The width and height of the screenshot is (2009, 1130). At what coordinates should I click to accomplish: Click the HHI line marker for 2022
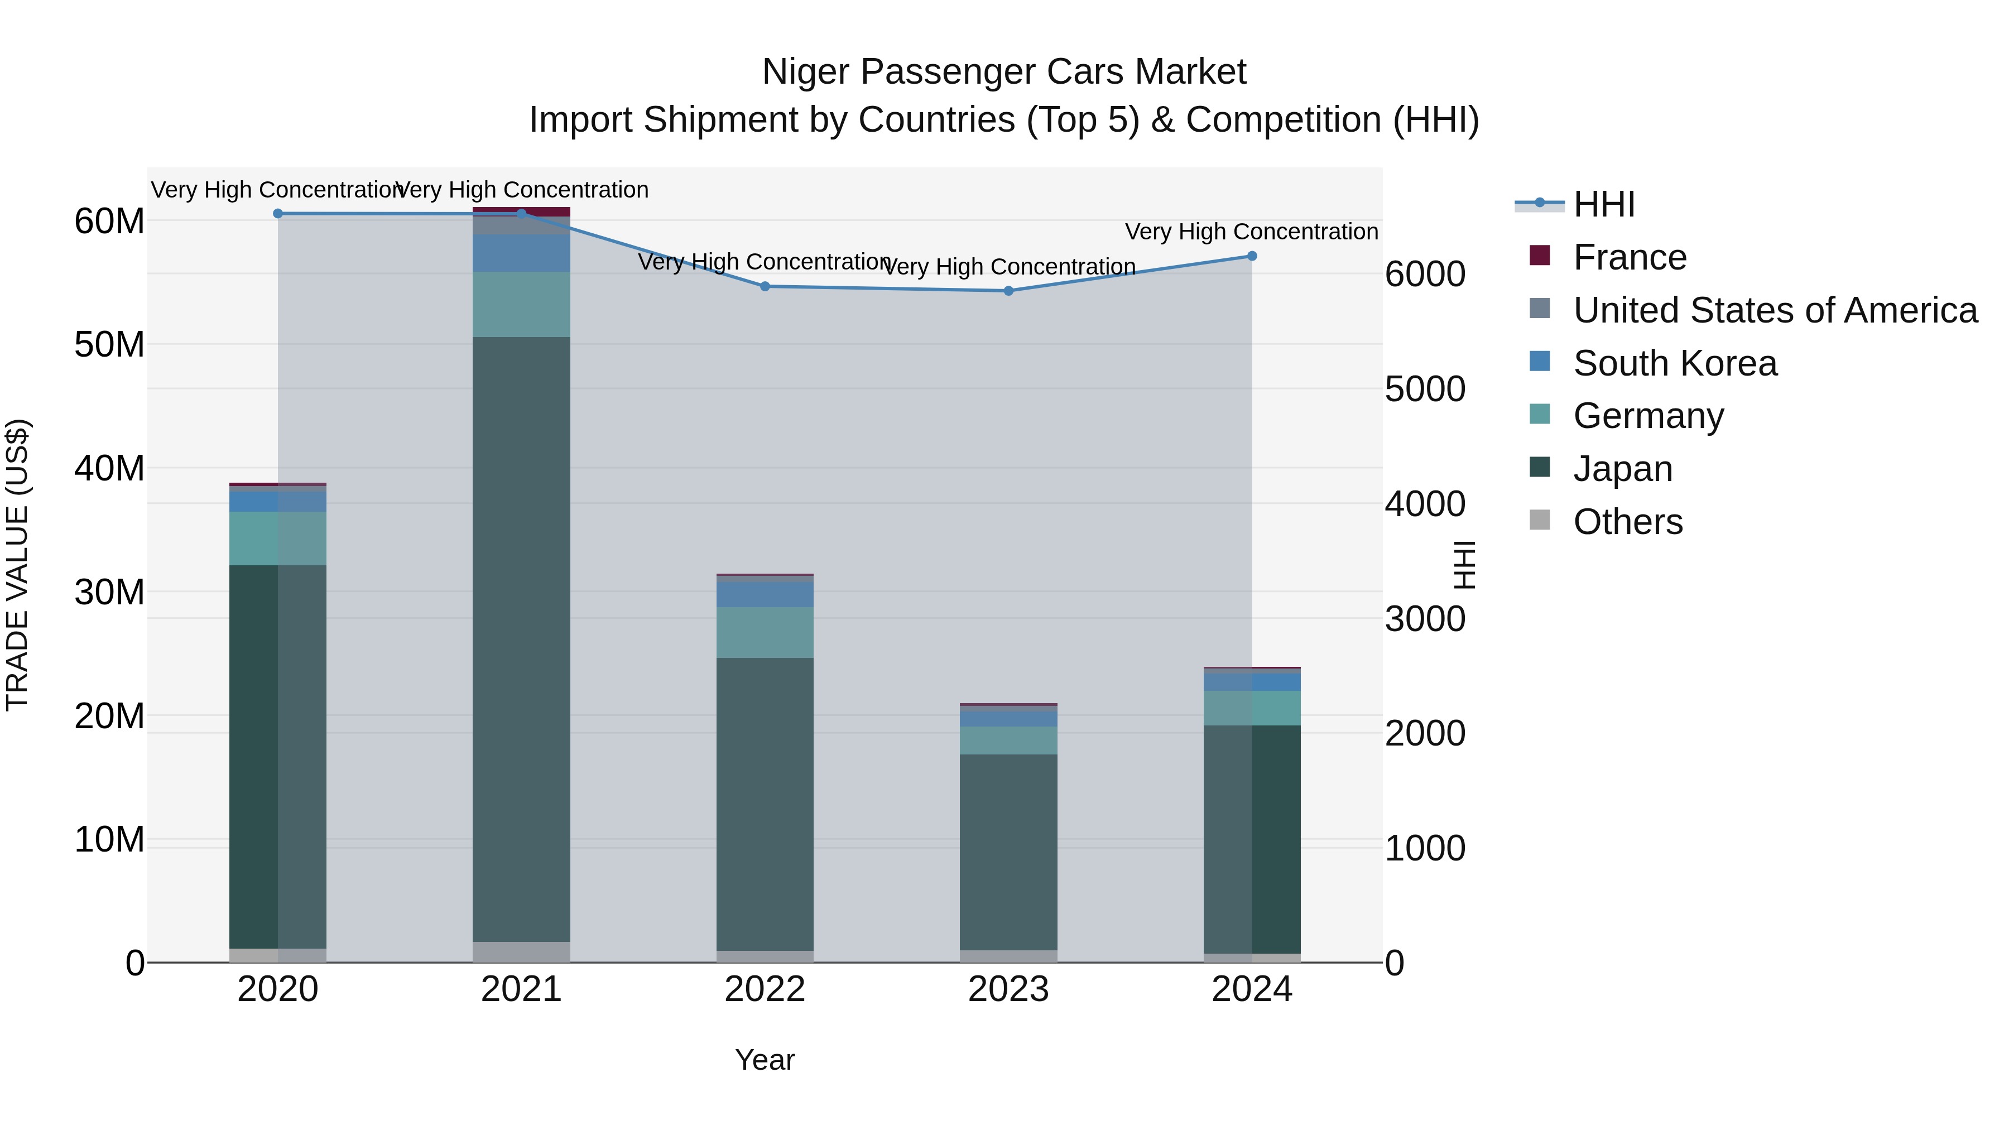(x=765, y=286)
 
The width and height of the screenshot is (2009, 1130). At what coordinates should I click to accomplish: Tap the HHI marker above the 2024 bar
(x=1252, y=256)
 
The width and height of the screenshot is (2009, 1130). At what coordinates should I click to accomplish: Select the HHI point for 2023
(x=1008, y=291)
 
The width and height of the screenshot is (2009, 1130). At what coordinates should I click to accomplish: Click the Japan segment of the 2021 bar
(x=521, y=639)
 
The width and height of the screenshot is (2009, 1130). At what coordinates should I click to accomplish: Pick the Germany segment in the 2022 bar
(x=765, y=632)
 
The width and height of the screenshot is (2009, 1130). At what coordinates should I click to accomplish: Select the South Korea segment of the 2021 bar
(x=521, y=253)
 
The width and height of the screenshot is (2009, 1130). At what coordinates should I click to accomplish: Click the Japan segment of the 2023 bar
(x=1008, y=852)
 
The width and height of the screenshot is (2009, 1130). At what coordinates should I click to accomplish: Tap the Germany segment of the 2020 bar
(x=278, y=538)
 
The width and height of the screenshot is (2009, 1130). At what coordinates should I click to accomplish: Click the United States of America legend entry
(x=1774, y=310)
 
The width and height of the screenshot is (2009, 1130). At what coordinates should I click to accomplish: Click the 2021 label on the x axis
(x=521, y=989)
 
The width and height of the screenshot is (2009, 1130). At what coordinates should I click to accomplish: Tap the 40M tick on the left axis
(x=109, y=469)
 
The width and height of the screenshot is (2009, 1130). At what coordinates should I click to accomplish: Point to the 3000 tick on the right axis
(x=1425, y=619)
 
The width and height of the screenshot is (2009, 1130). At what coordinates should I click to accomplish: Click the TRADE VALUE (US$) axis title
(x=17, y=565)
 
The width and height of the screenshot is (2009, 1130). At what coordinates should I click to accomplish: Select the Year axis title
(x=765, y=1060)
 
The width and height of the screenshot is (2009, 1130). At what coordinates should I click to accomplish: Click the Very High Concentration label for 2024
(x=1251, y=232)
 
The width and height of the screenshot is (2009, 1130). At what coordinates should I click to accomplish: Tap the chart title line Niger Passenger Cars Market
(x=1004, y=72)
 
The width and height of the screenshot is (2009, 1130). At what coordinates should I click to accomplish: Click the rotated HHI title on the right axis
(x=1465, y=565)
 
